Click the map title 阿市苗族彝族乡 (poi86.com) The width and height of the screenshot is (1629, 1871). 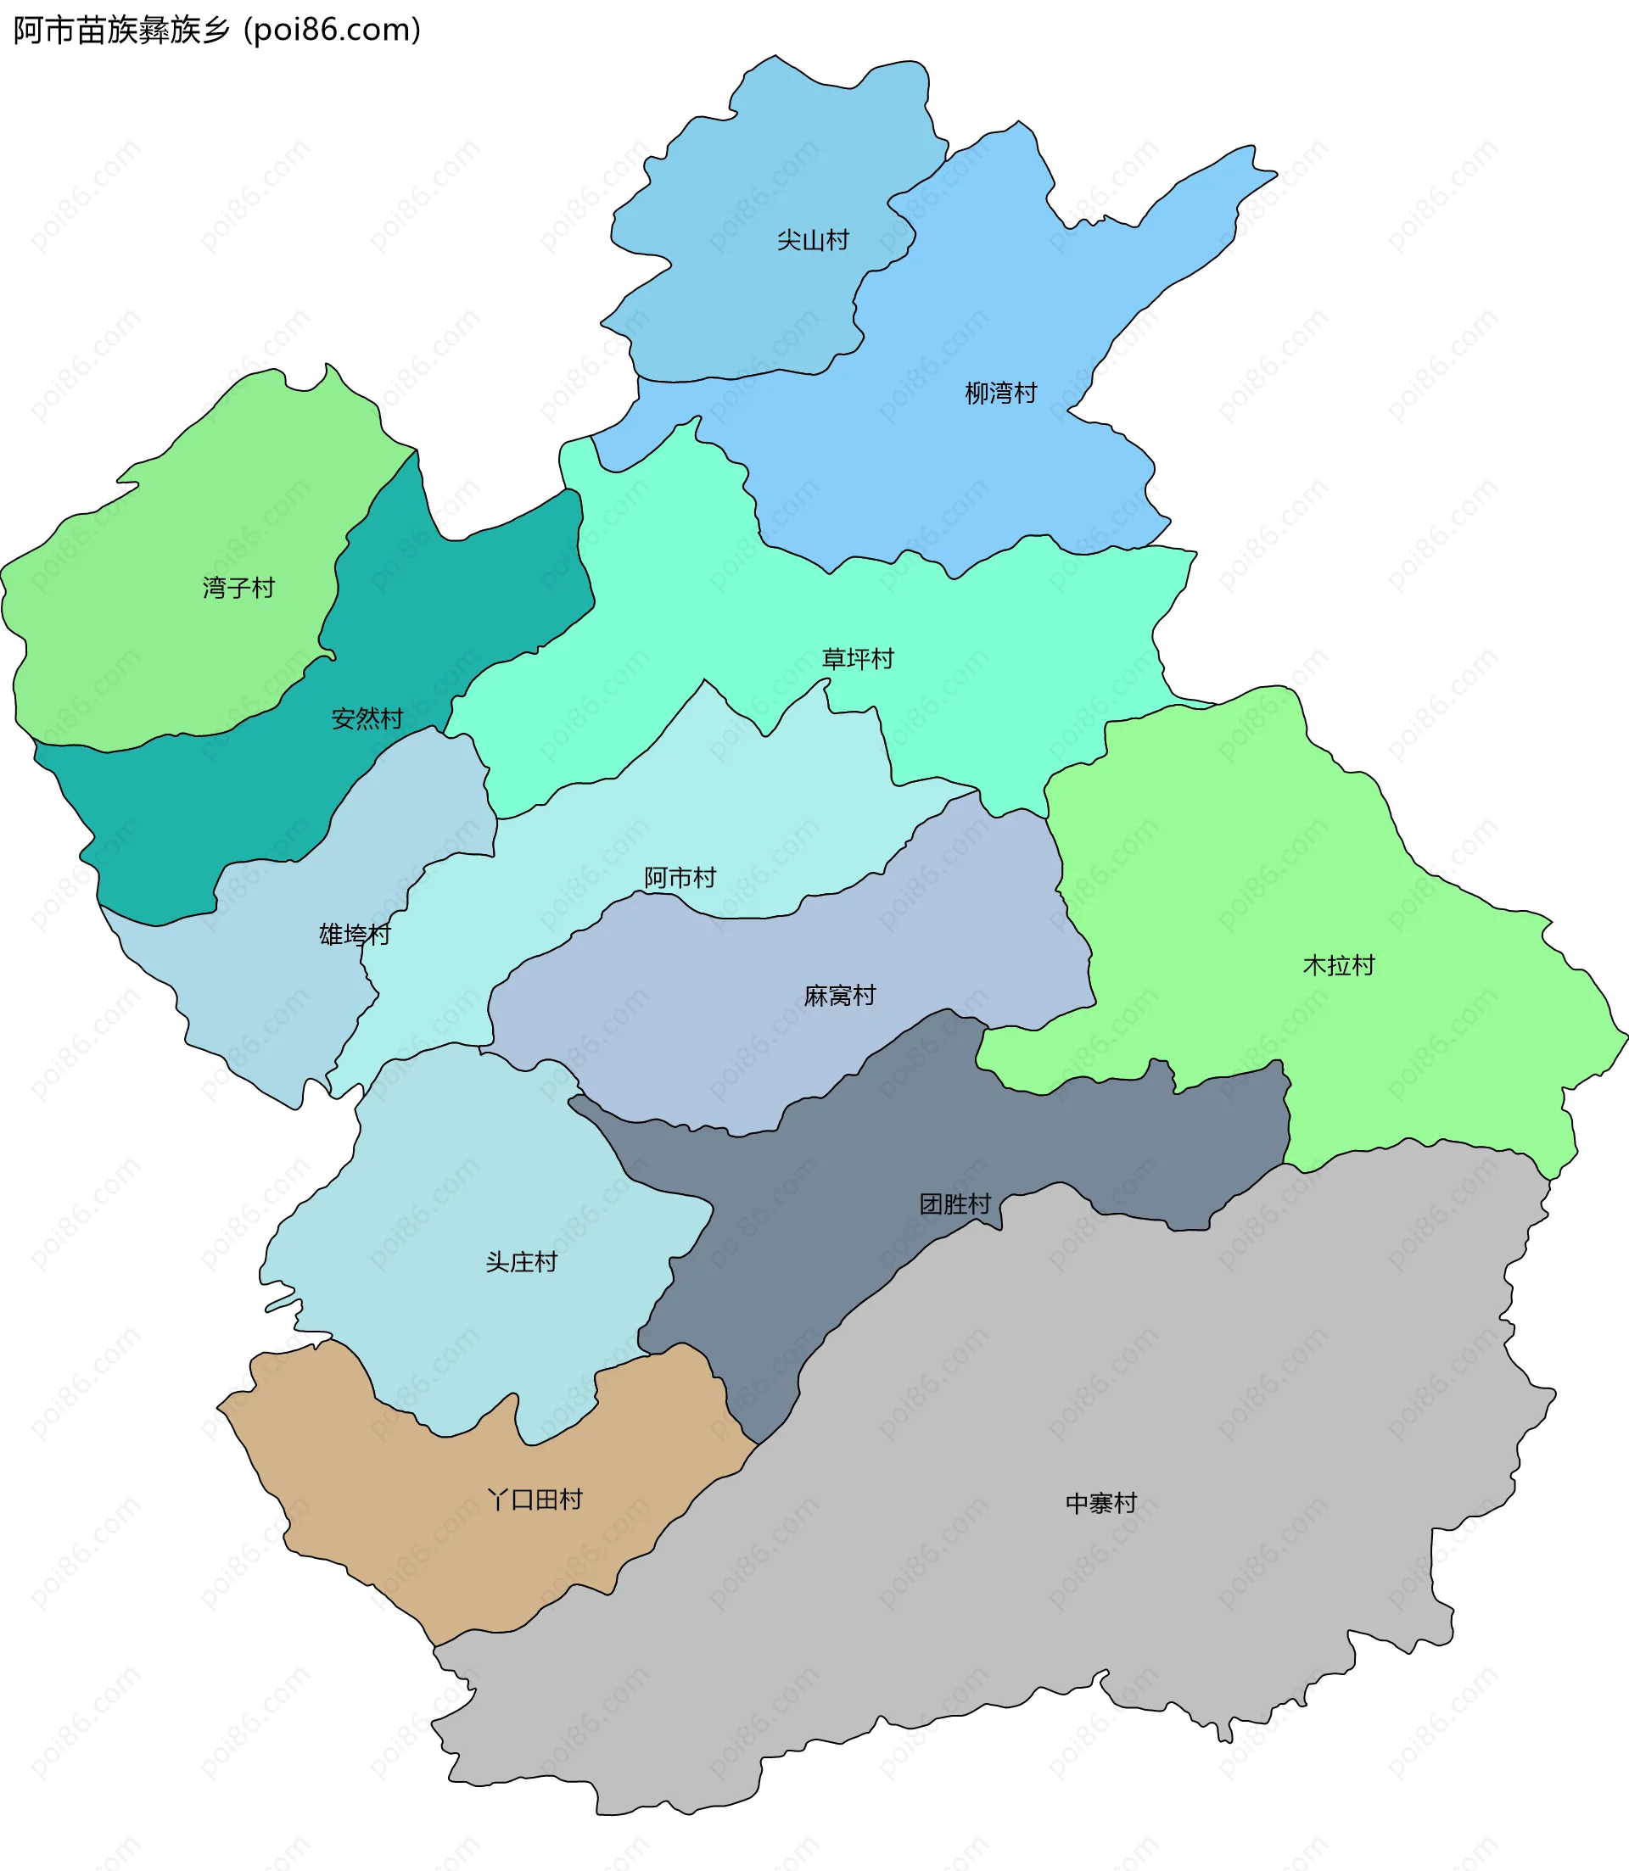tap(216, 30)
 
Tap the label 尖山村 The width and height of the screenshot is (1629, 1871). tap(813, 240)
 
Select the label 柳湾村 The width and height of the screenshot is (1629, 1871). tap(1001, 393)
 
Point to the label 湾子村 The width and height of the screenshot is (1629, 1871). tap(238, 588)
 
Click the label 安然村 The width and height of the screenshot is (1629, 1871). tap(367, 718)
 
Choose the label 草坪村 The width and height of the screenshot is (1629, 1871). tap(858, 659)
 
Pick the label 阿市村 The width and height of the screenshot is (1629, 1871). tap(680, 878)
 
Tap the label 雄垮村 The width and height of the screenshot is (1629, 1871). tap(355, 934)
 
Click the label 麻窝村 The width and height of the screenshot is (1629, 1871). tap(840, 996)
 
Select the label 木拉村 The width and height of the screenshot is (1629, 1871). tap(1339, 965)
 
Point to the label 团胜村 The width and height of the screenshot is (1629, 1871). tap(954, 1204)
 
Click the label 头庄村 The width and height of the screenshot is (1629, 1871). tap(521, 1262)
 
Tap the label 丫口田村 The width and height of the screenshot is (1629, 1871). tap(535, 1500)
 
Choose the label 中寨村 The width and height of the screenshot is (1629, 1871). tap(1101, 1503)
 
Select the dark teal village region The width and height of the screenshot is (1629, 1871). tap(227, 818)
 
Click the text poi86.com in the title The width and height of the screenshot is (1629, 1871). tap(333, 30)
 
